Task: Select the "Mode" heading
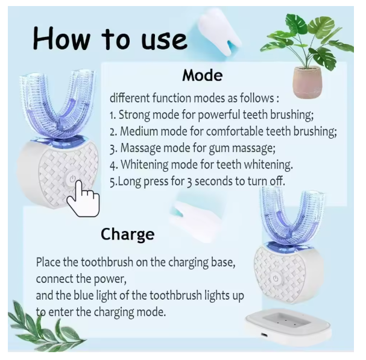pos(202,76)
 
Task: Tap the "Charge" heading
pos(127,234)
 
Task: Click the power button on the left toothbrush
pos(72,179)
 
